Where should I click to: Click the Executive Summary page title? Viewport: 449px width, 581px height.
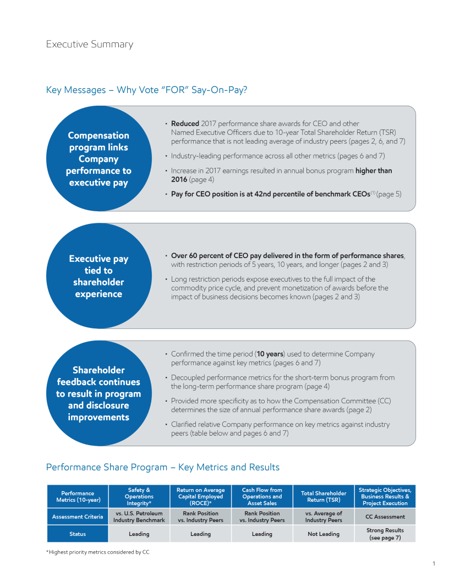[x=89, y=44]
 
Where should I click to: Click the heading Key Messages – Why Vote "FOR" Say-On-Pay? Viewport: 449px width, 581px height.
[x=146, y=90]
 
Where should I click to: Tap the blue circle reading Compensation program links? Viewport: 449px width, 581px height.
[x=98, y=158]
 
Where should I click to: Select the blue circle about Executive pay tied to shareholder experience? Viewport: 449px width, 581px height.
[x=98, y=276]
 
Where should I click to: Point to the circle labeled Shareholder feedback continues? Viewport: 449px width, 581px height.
[x=98, y=393]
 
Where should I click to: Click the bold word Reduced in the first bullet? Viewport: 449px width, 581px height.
[x=185, y=124]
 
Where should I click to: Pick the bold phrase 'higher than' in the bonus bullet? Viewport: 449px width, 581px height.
[x=374, y=171]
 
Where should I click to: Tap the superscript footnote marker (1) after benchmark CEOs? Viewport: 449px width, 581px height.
[x=373, y=193]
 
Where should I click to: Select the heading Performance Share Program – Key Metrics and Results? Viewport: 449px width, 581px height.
[x=162, y=467]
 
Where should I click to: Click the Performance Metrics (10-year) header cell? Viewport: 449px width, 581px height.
[x=77, y=496]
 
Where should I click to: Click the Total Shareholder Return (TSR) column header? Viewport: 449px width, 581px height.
[x=324, y=496]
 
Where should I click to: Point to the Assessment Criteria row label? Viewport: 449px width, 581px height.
[x=77, y=517]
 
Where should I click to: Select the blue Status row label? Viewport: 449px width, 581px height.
[x=77, y=534]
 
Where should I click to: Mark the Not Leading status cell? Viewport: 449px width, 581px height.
[x=324, y=534]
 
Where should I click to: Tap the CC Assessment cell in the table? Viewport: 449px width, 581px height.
[x=385, y=517]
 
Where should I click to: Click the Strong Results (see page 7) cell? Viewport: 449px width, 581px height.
[x=385, y=534]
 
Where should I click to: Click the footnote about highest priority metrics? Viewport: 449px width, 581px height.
[x=97, y=552]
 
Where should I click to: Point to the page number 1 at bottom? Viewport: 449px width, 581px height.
[x=434, y=563]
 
